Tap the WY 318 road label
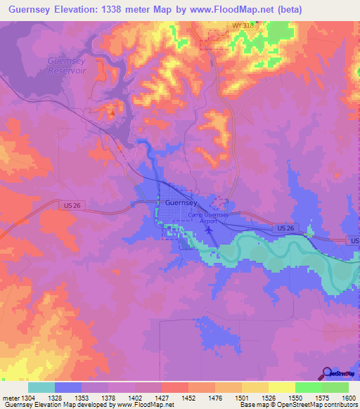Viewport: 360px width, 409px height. pyautogui.click(x=242, y=26)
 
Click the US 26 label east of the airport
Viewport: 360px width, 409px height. pyautogui.click(x=285, y=228)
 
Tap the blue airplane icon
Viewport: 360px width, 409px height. pyautogui.click(x=209, y=229)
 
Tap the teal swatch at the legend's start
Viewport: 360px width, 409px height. pyautogui.click(x=41, y=387)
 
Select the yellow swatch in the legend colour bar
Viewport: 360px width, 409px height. pyautogui.click(x=281, y=387)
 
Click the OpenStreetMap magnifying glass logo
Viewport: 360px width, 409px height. pyautogui.click(x=326, y=374)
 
